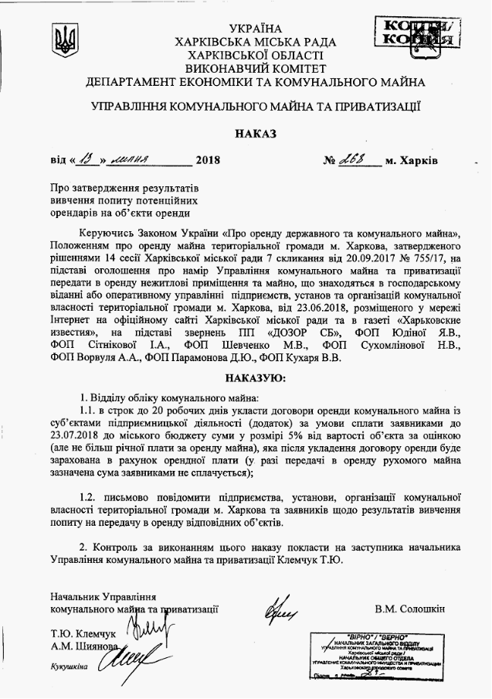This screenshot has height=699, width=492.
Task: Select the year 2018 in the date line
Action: click(208, 161)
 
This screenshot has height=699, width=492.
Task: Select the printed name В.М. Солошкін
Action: click(411, 608)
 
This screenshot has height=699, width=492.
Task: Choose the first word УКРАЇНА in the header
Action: click(255, 29)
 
